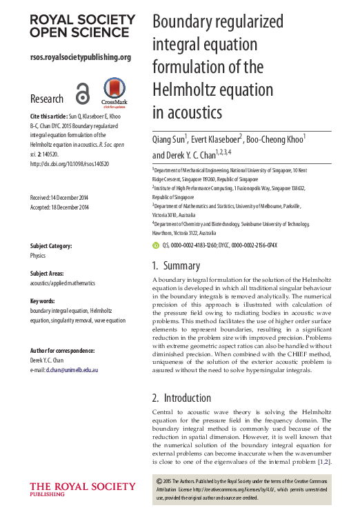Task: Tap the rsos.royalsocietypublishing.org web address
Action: pyautogui.click(x=80, y=57)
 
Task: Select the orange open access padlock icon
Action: pyautogui.click(x=83, y=94)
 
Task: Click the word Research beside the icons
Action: pyautogui.click(x=47, y=99)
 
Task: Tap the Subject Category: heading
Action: pyautogui.click(x=56, y=246)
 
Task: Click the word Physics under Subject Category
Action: pyautogui.click(x=38, y=255)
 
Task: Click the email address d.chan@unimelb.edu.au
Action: pyautogui.click(x=72, y=370)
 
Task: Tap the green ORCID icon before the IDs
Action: pyautogui.click(x=155, y=245)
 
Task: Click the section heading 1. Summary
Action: pyautogui.click(x=176, y=265)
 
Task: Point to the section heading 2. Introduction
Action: pyautogui.click(x=183, y=398)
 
